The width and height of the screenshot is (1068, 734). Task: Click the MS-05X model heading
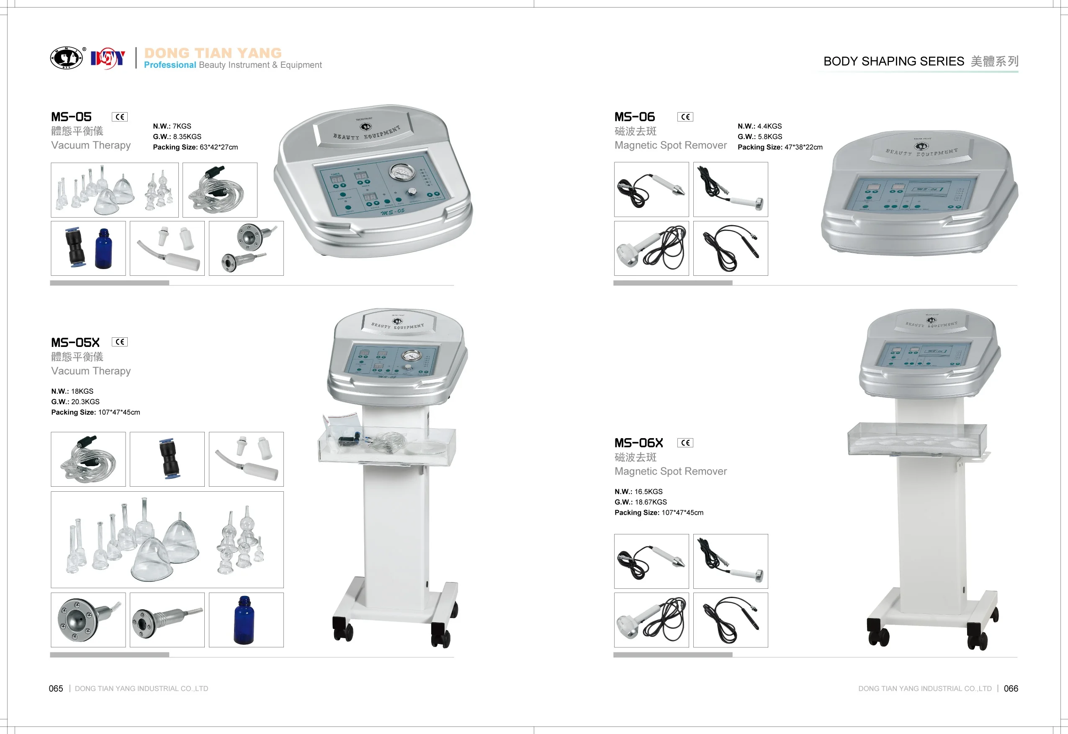pos(75,343)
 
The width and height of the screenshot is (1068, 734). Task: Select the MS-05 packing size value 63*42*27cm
pos(219,147)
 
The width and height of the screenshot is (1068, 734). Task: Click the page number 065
pos(56,688)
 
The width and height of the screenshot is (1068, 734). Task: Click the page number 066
pos(1011,688)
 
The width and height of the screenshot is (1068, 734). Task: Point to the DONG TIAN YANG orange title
pos(213,53)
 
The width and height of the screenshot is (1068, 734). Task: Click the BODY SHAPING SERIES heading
pos(893,61)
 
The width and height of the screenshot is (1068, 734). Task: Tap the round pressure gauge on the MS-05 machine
pos(402,172)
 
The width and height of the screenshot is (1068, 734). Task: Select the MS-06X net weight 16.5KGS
pos(649,492)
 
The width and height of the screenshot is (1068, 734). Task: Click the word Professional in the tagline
pos(170,65)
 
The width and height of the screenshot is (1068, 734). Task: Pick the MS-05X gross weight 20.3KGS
pos(85,401)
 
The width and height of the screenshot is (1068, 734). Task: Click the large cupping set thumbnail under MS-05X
pos(167,539)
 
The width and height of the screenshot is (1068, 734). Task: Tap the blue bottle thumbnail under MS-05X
pos(246,619)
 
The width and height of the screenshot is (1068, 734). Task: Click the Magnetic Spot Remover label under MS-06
pos(670,145)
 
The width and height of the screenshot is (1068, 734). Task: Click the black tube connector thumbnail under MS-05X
pos(167,459)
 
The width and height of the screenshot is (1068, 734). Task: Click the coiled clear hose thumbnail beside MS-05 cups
pos(219,190)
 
